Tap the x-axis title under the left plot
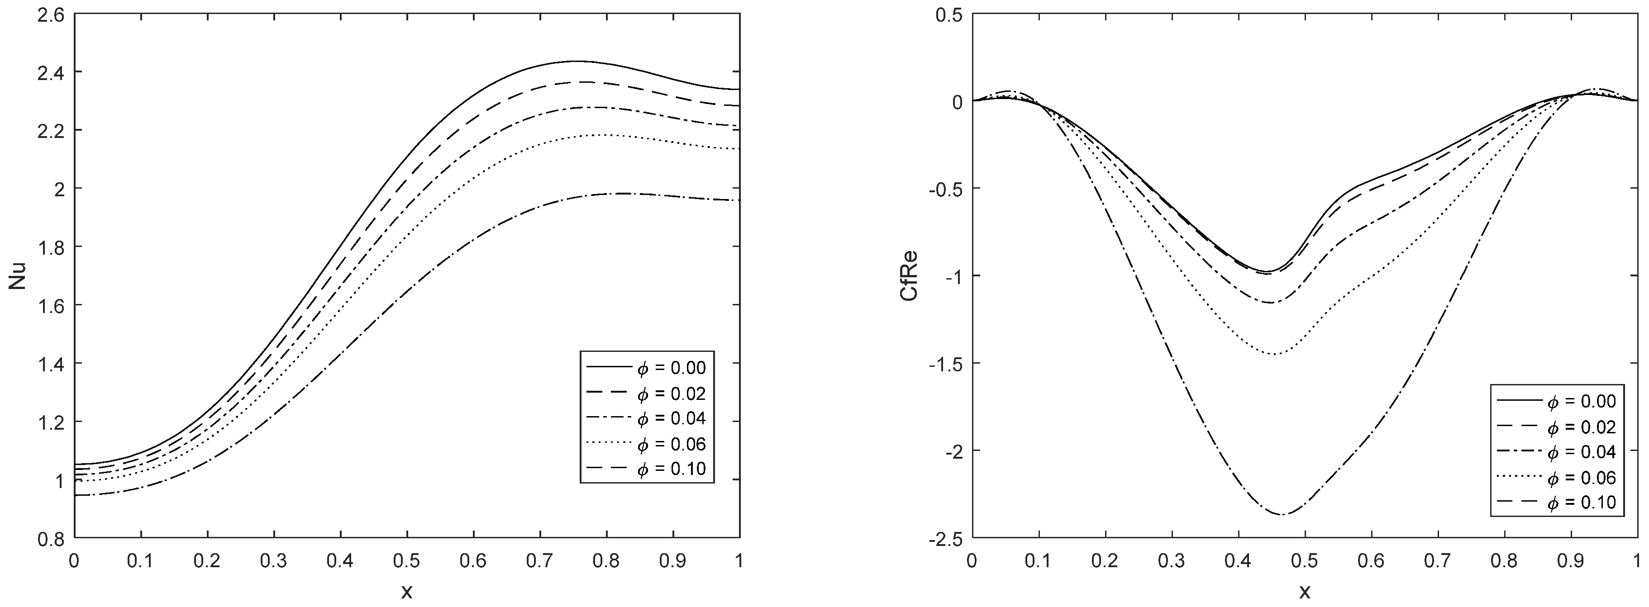tap(407, 592)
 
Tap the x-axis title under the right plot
tap(1305, 592)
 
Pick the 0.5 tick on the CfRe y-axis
tap(948, 14)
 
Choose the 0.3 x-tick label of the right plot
tap(1172, 561)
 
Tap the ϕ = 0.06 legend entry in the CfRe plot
tap(1581, 477)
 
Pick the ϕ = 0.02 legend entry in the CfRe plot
tap(1581, 427)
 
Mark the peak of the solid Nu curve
tap(574, 62)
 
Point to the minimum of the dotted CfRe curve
tap(1274, 354)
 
